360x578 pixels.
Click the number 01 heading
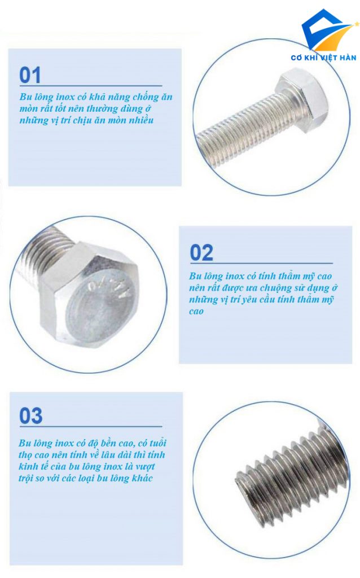tap(30, 75)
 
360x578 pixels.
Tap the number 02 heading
tap(201, 253)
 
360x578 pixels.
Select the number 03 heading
tap(31, 416)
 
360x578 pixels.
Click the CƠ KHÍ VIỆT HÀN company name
tap(323, 58)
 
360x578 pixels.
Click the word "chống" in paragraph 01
tap(146, 97)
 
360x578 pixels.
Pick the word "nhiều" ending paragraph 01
tap(140, 120)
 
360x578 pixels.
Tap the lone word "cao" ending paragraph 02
tap(196, 312)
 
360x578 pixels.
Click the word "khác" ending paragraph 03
tap(140, 478)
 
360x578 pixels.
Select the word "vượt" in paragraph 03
tap(145, 467)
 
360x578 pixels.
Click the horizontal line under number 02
tap(261, 264)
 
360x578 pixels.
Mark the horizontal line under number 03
tap(91, 427)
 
